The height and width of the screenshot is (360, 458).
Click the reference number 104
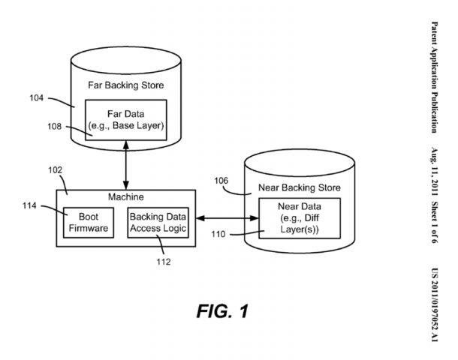click(36, 98)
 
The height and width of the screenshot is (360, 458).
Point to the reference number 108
click(55, 127)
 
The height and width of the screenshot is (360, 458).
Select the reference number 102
click(56, 170)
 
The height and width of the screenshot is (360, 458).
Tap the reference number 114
click(29, 206)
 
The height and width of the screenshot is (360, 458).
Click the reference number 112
click(164, 262)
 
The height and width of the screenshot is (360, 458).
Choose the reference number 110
click(218, 234)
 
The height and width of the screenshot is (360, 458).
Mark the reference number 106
click(221, 181)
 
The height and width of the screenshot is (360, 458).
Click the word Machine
click(126, 197)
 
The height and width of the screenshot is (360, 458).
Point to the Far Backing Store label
click(126, 85)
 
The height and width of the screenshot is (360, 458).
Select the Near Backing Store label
click(300, 187)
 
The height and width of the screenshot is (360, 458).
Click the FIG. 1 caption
click(222, 311)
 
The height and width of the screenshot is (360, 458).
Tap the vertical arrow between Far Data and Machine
click(126, 165)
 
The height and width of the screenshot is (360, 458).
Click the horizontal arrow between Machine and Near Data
click(227, 218)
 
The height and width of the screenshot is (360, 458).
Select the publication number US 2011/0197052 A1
click(435, 305)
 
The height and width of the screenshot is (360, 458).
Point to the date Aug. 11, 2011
click(435, 172)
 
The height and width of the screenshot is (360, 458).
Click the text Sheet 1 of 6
click(435, 222)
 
